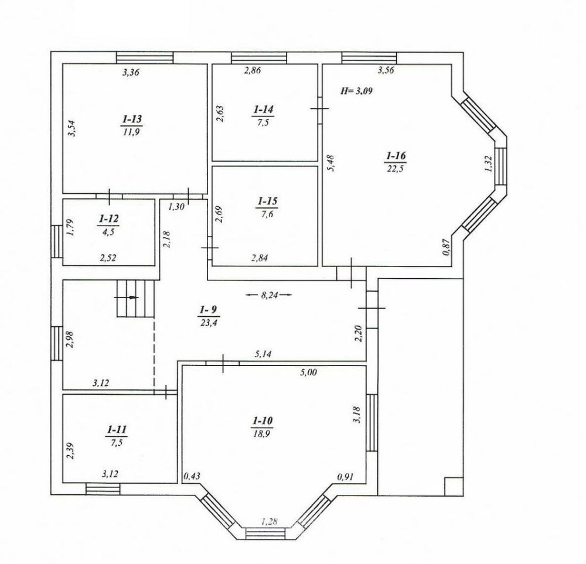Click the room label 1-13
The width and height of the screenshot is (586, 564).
132,119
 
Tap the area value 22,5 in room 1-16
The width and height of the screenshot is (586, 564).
396,168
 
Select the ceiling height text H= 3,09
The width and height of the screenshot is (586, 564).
356,90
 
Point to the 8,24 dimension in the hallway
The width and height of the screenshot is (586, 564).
269,295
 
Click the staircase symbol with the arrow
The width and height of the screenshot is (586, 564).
136,298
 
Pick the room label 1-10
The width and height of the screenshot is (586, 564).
263,421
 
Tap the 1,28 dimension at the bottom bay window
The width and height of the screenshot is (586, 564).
269,521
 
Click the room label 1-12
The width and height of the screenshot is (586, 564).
108,218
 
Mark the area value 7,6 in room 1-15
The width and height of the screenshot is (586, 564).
267,214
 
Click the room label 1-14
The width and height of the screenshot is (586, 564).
264,110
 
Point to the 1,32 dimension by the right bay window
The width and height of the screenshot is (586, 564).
489,163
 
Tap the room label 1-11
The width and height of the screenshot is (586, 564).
117,430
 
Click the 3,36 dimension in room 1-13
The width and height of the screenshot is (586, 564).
131,72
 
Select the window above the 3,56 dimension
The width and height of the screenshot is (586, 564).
369,57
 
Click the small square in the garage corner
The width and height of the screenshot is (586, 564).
454,486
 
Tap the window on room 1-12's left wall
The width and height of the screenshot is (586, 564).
57,241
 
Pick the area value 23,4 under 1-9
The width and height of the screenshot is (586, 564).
209,322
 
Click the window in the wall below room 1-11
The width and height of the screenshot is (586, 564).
103,489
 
